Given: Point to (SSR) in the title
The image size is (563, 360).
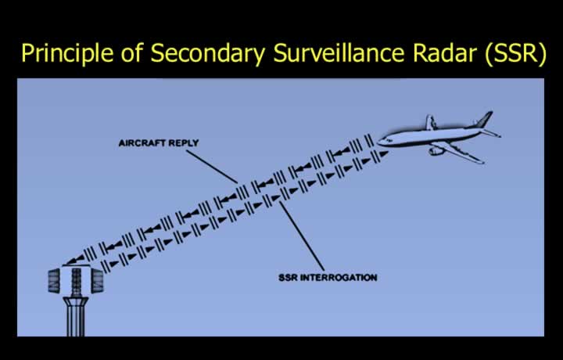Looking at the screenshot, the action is tap(515, 53).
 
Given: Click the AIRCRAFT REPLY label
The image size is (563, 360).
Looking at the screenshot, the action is tap(159, 143).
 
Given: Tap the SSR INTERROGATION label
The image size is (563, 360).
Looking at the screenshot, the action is tap(328, 277).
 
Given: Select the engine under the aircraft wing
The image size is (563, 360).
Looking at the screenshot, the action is tap(436, 151).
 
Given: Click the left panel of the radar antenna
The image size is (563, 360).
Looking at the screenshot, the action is tap(54, 281).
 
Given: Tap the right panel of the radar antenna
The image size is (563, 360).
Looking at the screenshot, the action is tap(97, 281).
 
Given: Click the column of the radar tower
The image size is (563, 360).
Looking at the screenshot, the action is tap(76, 317).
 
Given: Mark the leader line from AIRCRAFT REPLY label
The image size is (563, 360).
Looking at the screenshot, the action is tap(212, 167).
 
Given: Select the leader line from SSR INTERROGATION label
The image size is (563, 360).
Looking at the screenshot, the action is tap(302, 236).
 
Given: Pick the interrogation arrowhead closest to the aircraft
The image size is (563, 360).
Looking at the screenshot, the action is tap(383, 154).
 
